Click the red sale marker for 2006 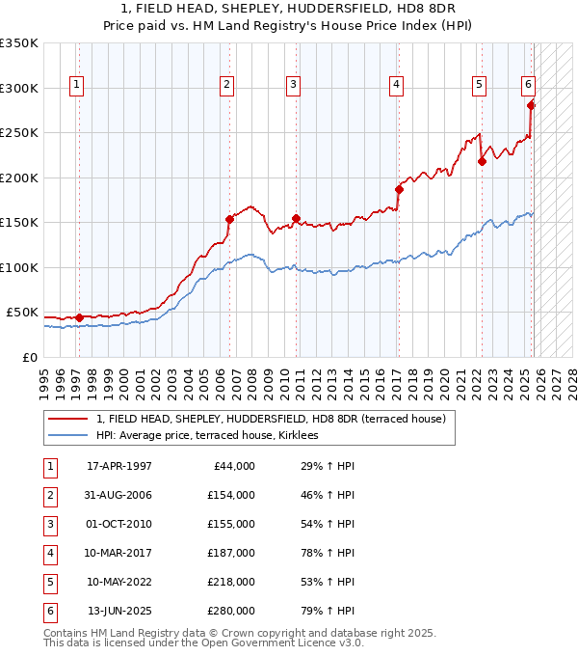[229, 219]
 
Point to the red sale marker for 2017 [398, 189]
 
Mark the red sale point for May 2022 [482, 161]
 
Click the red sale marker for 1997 [79, 317]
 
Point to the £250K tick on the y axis [20, 133]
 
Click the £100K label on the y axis [20, 267]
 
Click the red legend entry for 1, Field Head [270, 420]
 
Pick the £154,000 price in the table [231, 495]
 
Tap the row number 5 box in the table [49, 582]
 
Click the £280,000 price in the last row [231, 611]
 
